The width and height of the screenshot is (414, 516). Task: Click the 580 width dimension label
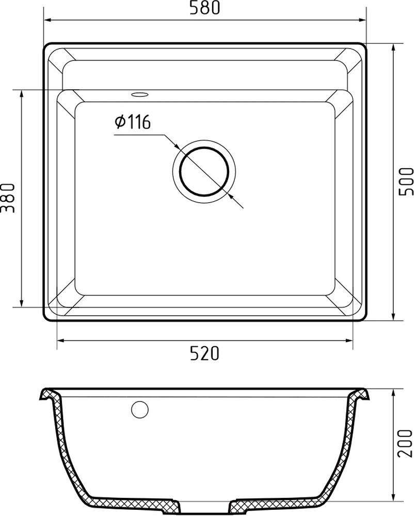205,9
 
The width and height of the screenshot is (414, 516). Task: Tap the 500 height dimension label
407,181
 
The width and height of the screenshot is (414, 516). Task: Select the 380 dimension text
7,198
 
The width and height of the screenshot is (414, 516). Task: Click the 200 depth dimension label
407,442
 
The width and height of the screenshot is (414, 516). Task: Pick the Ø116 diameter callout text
132,122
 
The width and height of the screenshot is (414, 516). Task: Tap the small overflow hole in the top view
139,94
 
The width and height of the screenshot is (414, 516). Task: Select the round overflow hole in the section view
139,409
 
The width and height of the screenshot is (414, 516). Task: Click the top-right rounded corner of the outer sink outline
362,48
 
